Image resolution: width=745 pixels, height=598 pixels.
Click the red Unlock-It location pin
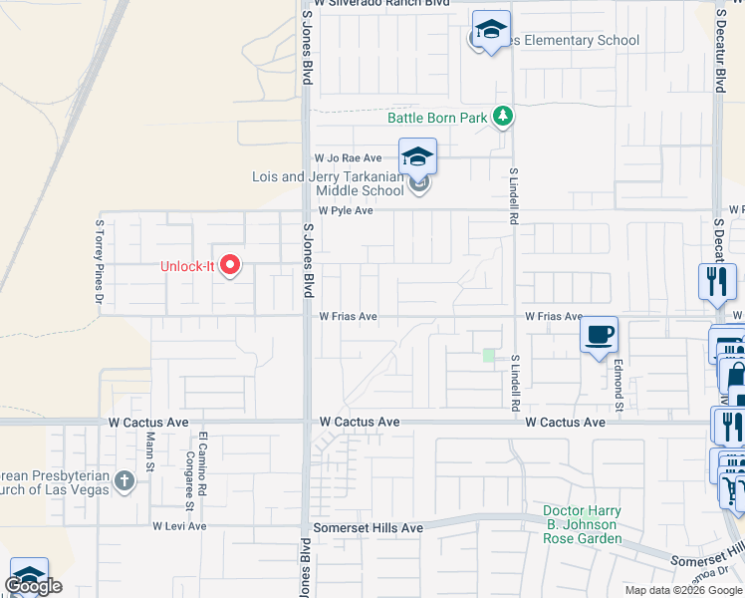pos(230,265)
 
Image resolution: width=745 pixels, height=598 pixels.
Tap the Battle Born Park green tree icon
pos(504,118)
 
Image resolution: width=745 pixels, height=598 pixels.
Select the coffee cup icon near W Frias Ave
pos(598,335)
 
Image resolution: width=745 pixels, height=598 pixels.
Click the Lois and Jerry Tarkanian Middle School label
pos(329,183)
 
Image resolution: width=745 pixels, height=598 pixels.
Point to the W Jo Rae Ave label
pos(348,158)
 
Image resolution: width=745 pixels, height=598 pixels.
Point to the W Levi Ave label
pos(178,526)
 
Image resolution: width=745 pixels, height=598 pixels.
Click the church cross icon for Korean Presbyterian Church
pos(124,481)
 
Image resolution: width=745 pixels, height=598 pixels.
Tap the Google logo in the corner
pos(33,586)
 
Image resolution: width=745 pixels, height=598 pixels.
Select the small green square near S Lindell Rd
pos(488,355)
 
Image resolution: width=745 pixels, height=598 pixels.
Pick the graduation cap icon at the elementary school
pos(490,30)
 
